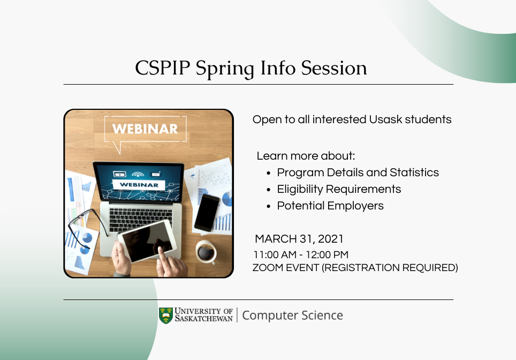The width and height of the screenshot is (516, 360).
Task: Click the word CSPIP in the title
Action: (163, 68)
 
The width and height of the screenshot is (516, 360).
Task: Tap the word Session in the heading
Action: (334, 68)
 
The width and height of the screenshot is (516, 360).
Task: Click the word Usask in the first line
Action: (385, 119)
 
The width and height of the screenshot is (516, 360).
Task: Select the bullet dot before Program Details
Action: (269, 173)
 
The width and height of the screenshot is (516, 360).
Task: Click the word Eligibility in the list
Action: (300, 190)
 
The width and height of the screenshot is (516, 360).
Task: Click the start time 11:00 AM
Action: (275, 254)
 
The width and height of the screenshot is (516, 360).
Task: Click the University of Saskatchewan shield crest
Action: (166, 316)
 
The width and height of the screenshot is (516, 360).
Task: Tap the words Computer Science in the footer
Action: (293, 316)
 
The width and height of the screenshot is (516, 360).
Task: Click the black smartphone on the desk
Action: (207, 213)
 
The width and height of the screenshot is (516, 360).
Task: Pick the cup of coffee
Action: (206, 252)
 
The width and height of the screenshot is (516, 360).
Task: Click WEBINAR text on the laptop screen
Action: (139, 185)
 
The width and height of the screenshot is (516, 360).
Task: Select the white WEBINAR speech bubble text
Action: (145, 129)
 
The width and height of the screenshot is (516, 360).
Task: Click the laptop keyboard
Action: (141, 219)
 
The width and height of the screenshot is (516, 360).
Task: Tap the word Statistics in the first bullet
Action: (414, 172)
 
